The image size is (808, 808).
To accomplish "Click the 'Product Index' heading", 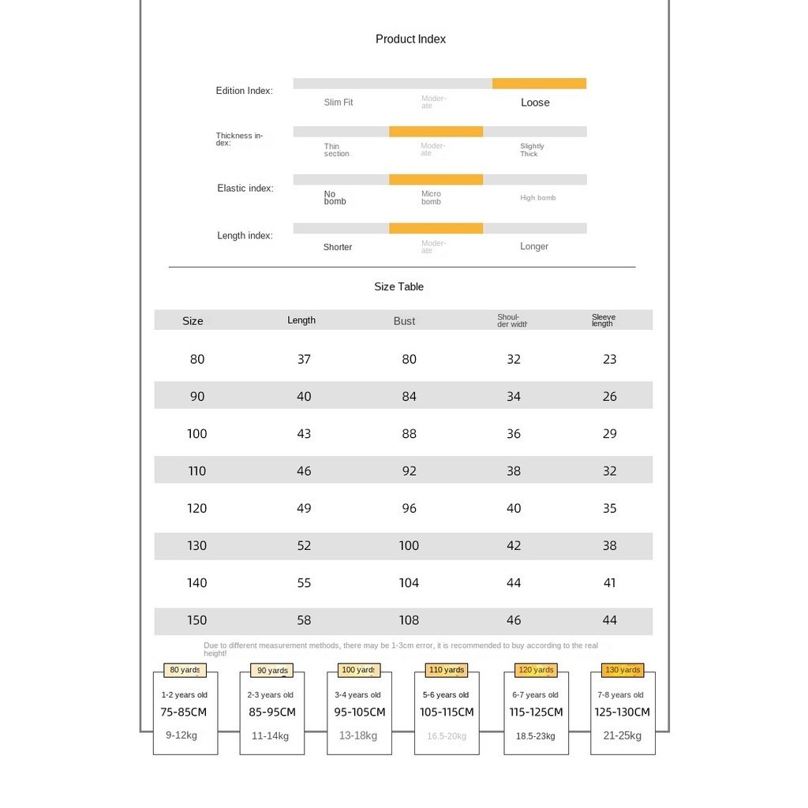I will pyautogui.click(x=410, y=39).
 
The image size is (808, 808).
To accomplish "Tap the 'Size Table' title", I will pyautogui.click(x=398, y=286).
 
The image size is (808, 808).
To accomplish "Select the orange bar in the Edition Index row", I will pyautogui.click(x=539, y=84).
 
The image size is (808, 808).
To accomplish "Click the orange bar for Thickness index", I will pyautogui.click(x=436, y=132).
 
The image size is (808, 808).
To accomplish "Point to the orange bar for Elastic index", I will pyautogui.click(x=436, y=180).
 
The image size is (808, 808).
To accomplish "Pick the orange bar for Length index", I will pyautogui.click(x=436, y=228).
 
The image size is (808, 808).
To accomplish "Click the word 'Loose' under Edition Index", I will pyautogui.click(x=535, y=103).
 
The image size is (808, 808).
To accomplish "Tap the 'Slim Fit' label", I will pyautogui.click(x=339, y=103).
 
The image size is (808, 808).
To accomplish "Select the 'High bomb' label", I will pyautogui.click(x=537, y=198).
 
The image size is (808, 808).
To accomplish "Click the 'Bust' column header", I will pyautogui.click(x=404, y=321).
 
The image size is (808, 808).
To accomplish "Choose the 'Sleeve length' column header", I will pyautogui.click(x=604, y=320).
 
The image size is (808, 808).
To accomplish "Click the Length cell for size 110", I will pyautogui.click(x=304, y=471).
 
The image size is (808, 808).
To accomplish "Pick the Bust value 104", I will pyautogui.click(x=409, y=583).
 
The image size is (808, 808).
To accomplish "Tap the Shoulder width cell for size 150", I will pyautogui.click(x=514, y=620).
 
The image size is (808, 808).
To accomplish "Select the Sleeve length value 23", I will pyautogui.click(x=609, y=359).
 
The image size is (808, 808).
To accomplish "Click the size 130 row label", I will pyautogui.click(x=196, y=546).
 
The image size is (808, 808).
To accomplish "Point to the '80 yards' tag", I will pyautogui.click(x=185, y=670).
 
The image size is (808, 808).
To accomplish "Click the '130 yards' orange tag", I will pyautogui.click(x=623, y=670).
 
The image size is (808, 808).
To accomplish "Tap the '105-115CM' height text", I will pyautogui.click(x=447, y=713).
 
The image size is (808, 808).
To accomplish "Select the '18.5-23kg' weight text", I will pyautogui.click(x=536, y=736).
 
